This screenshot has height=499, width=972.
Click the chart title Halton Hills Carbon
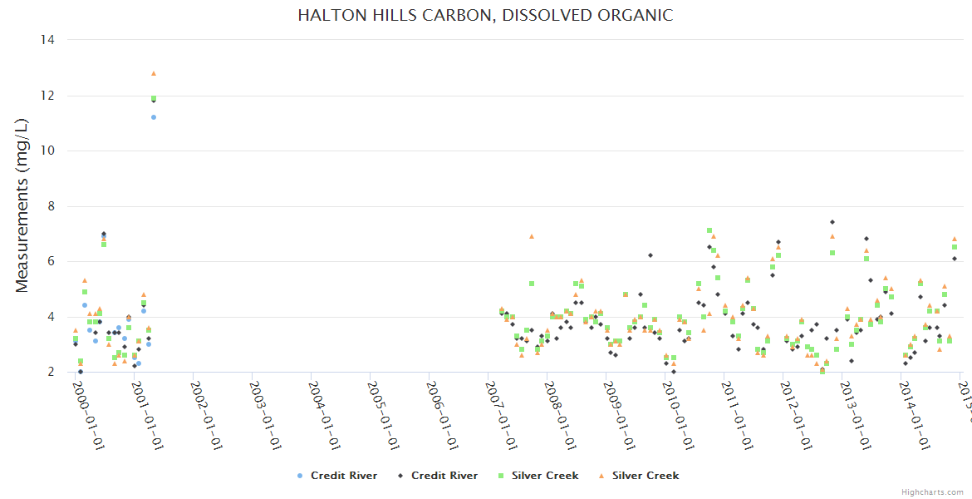click(485, 16)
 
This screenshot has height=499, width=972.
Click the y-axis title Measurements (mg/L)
click(22, 205)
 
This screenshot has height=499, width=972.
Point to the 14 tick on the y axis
click(47, 40)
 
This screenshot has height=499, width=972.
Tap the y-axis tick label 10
click(47, 151)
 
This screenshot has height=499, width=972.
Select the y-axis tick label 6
click(51, 261)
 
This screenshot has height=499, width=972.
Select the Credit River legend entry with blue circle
click(337, 476)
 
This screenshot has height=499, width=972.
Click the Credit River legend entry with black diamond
click(438, 476)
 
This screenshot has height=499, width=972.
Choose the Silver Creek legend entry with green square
click(538, 476)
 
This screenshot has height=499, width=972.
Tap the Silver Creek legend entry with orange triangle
click(639, 476)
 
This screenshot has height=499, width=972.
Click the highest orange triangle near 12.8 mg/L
click(154, 73)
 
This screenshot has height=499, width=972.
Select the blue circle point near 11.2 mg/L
click(154, 117)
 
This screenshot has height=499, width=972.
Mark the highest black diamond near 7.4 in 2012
click(832, 222)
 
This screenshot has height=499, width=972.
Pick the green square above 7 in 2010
click(709, 230)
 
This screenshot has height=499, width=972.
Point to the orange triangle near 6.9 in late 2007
click(532, 236)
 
